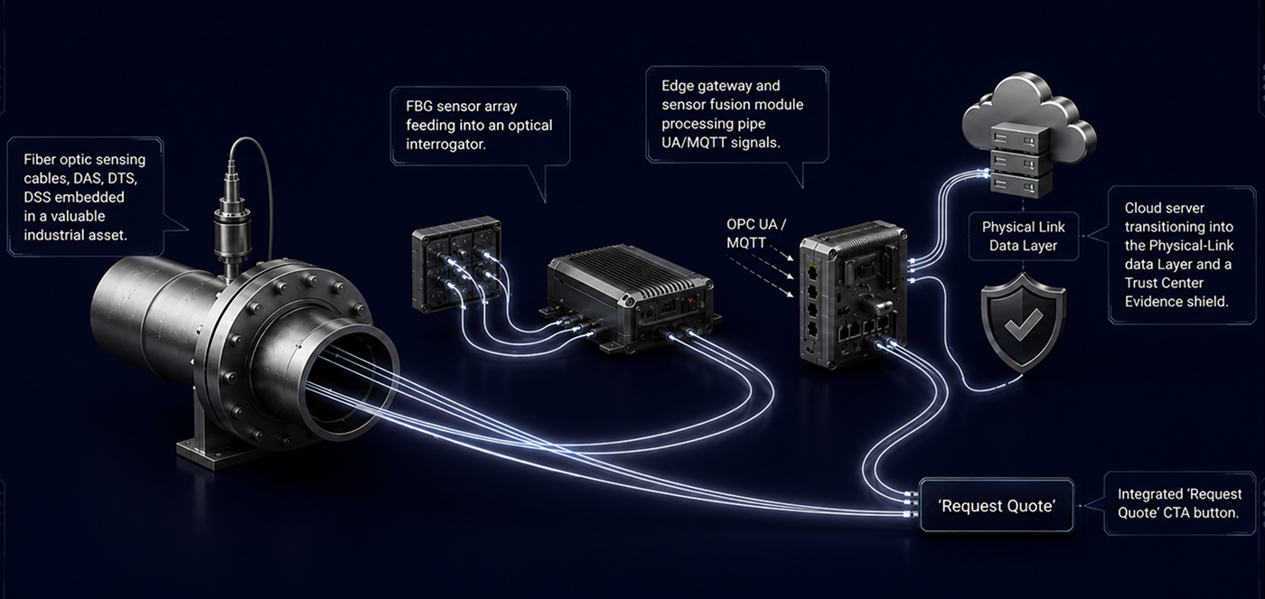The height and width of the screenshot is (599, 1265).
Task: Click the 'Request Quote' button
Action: coord(996,506)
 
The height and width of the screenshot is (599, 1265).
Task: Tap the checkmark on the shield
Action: coord(1023,323)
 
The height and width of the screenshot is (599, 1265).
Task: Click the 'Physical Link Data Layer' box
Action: coord(1023,236)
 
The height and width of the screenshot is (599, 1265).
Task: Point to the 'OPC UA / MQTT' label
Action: coord(755,234)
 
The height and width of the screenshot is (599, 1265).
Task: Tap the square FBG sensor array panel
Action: coord(456,264)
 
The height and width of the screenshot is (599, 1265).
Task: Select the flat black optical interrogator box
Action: coord(631,298)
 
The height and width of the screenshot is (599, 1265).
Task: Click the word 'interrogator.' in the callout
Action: coord(445,144)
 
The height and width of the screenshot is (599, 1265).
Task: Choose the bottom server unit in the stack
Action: coord(1021,184)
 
